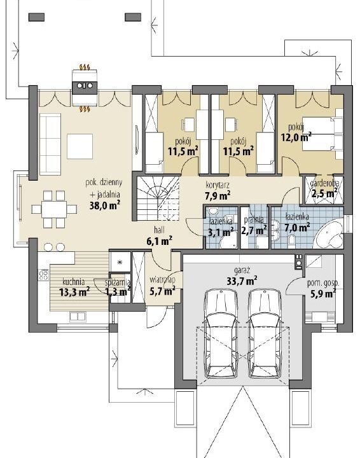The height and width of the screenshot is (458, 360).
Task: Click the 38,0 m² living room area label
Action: [x=105, y=205]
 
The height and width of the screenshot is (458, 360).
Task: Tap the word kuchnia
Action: [x=74, y=282]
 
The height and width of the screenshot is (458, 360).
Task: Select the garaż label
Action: [x=242, y=270]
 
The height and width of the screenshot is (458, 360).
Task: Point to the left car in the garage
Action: [x=221, y=333]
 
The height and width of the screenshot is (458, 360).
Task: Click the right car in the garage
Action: [x=266, y=333]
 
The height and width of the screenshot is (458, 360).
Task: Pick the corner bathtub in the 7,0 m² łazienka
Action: [x=329, y=234]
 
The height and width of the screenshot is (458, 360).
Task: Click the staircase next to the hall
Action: [x=158, y=198]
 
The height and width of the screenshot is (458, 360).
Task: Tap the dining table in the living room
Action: [x=54, y=209]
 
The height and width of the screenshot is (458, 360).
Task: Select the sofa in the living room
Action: [x=50, y=144]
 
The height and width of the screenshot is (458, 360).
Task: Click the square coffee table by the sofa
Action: [x=80, y=146]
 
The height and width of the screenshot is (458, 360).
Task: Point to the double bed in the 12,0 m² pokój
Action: [x=322, y=134]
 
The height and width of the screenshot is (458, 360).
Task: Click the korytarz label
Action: [x=218, y=185]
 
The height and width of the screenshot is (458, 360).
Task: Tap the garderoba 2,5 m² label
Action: [x=324, y=188]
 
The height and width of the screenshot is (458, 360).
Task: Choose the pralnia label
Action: [x=254, y=219]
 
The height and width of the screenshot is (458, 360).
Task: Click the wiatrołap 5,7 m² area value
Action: [x=162, y=291]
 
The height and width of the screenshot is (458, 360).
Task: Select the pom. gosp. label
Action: [x=323, y=283]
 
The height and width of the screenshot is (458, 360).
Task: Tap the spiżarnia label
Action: [x=118, y=282]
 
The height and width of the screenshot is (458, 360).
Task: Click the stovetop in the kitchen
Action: [x=44, y=275]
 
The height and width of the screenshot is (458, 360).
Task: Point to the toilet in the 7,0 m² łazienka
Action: [x=291, y=240]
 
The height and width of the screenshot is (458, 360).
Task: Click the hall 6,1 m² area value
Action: [x=159, y=241]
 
